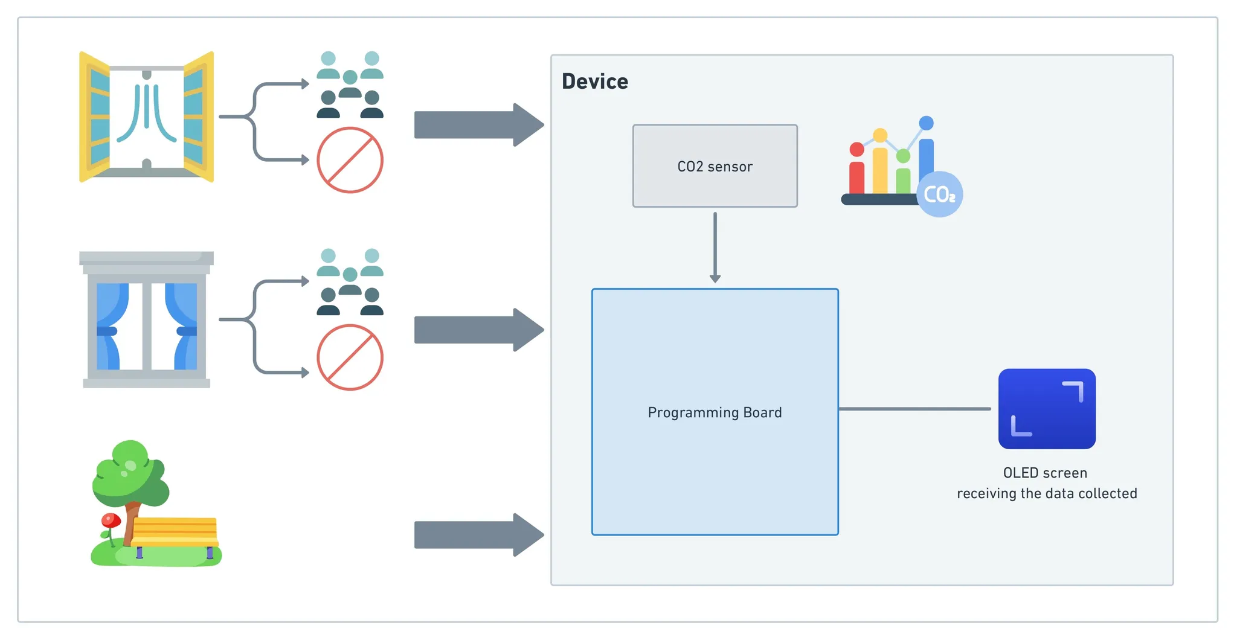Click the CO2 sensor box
point(715,166)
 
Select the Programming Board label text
point(715,412)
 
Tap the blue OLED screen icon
point(1046,409)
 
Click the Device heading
point(595,82)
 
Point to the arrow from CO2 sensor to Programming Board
point(715,248)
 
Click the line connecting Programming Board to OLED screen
point(914,409)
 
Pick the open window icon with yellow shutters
point(147,117)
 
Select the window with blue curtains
point(147,319)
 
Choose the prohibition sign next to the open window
point(350,160)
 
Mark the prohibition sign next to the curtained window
point(350,357)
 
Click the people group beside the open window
point(350,85)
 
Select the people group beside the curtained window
point(350,282)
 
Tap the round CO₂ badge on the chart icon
point(939,194)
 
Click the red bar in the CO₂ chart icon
point(856,175)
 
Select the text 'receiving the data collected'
point(1047,494)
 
